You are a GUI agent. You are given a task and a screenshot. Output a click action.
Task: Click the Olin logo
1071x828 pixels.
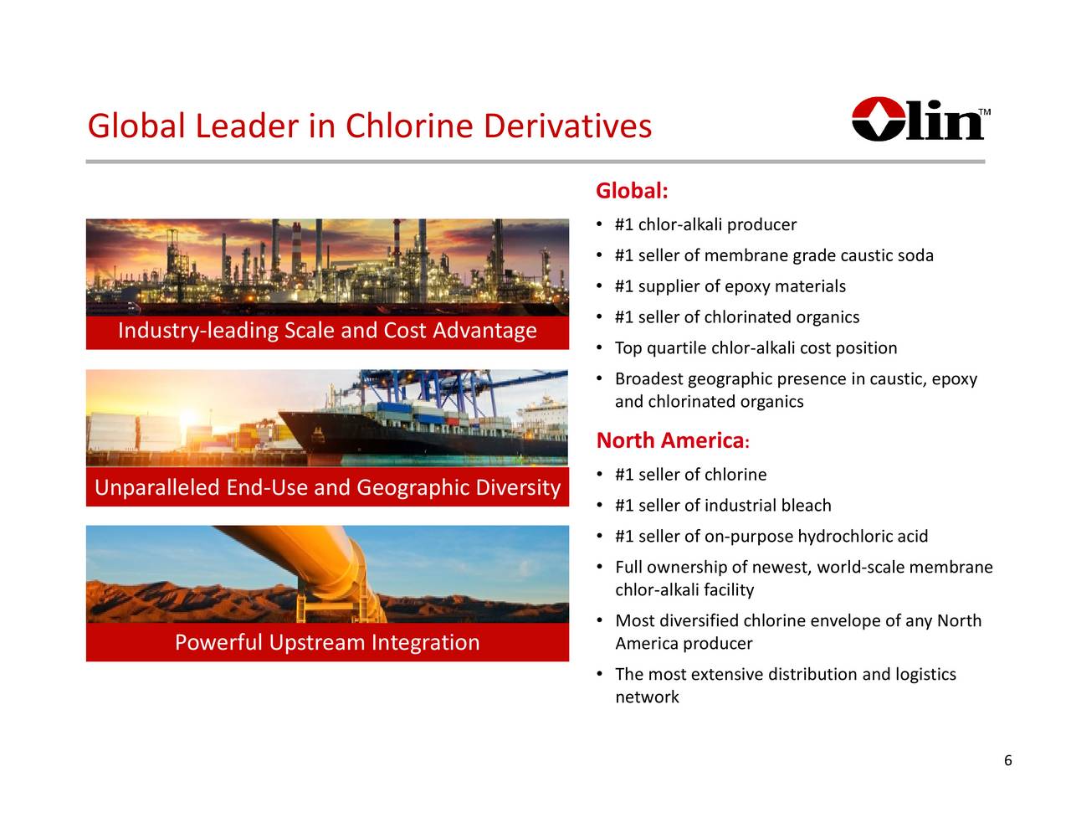(x=920, y=119)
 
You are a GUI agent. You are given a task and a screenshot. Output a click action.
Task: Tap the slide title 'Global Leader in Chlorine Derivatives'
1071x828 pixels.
(x=370, y=126)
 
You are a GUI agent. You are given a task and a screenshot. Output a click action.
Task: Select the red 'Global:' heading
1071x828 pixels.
(x=632, y=191)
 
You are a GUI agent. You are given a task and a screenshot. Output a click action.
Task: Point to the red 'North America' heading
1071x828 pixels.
(x=673, y=440)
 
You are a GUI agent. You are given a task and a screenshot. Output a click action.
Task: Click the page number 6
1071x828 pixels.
(x=1008, y=760)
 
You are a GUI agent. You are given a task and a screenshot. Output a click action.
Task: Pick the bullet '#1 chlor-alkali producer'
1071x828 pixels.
(x=705, y=225)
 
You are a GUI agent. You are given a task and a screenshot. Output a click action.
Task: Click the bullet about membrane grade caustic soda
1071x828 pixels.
(x=774, y=255)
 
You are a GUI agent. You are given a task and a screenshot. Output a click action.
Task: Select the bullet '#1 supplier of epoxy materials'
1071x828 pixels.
(x=730, y=286)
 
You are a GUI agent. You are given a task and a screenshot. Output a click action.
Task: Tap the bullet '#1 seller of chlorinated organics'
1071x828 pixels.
(x=737, y=317)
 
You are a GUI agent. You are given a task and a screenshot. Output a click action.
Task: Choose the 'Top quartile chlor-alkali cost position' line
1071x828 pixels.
(x=756, y=348)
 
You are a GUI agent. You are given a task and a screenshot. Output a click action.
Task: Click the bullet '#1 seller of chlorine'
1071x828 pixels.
(x=690, y=475)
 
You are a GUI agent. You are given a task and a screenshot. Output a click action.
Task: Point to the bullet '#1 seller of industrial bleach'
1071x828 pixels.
(x=723, y=506)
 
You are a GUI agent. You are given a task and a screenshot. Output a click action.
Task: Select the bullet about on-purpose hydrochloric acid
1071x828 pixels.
(x=771, y=537)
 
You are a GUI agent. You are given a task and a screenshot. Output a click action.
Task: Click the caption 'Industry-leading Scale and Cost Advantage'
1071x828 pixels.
(x=327, y=331)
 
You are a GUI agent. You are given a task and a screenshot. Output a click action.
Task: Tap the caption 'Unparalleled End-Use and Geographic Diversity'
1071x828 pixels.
(x=327, y=487)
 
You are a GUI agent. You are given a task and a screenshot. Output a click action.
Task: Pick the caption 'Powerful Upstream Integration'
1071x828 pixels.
(x=327, y=643)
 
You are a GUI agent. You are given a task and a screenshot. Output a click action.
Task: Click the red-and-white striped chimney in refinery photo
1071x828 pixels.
(x=296, y=249)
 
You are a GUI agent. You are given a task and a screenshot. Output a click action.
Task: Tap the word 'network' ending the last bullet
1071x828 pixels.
(x=647, y=697)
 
